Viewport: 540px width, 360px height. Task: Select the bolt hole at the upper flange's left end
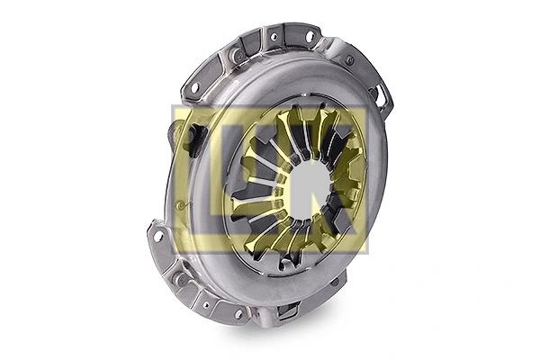tap(193, 88)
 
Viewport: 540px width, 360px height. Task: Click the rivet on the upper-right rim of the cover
tap(349, 60)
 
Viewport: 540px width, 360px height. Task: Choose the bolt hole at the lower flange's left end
tap(159, 237)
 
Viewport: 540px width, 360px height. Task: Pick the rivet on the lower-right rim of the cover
tap(334, 282)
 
